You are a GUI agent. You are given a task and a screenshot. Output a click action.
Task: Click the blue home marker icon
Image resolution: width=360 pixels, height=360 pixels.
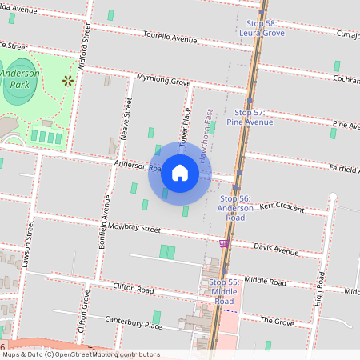[x=180, y=173]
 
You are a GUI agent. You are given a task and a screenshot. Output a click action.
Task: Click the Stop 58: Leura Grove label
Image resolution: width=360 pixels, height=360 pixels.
[x=262, y=29]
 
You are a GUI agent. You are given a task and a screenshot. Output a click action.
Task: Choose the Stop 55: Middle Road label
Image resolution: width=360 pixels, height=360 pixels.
[x=224, y=287]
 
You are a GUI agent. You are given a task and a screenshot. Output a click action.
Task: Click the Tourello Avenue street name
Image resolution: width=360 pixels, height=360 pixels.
[x=170, y=38]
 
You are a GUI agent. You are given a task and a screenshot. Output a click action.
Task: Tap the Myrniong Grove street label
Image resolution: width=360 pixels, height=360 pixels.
[x=163, y=82]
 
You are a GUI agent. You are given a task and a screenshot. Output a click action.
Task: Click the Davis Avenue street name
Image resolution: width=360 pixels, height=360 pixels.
[x=276, y=249]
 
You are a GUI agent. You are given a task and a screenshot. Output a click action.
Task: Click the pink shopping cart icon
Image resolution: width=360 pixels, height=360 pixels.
[x=224, y=243]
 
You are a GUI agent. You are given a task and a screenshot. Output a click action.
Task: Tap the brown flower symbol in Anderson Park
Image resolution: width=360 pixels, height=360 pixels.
[x=67, y=80]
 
